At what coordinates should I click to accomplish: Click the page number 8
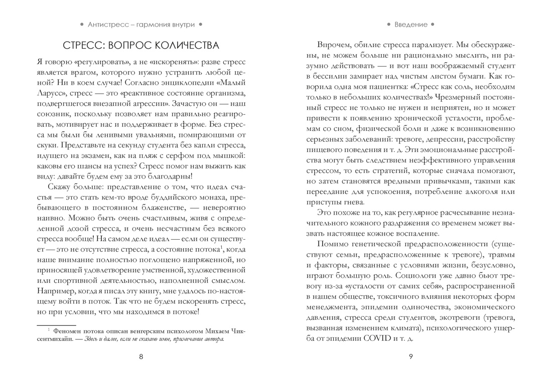click(141, 356)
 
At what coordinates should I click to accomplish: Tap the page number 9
click(411, 356)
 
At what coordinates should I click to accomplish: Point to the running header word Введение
click(411, 24)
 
